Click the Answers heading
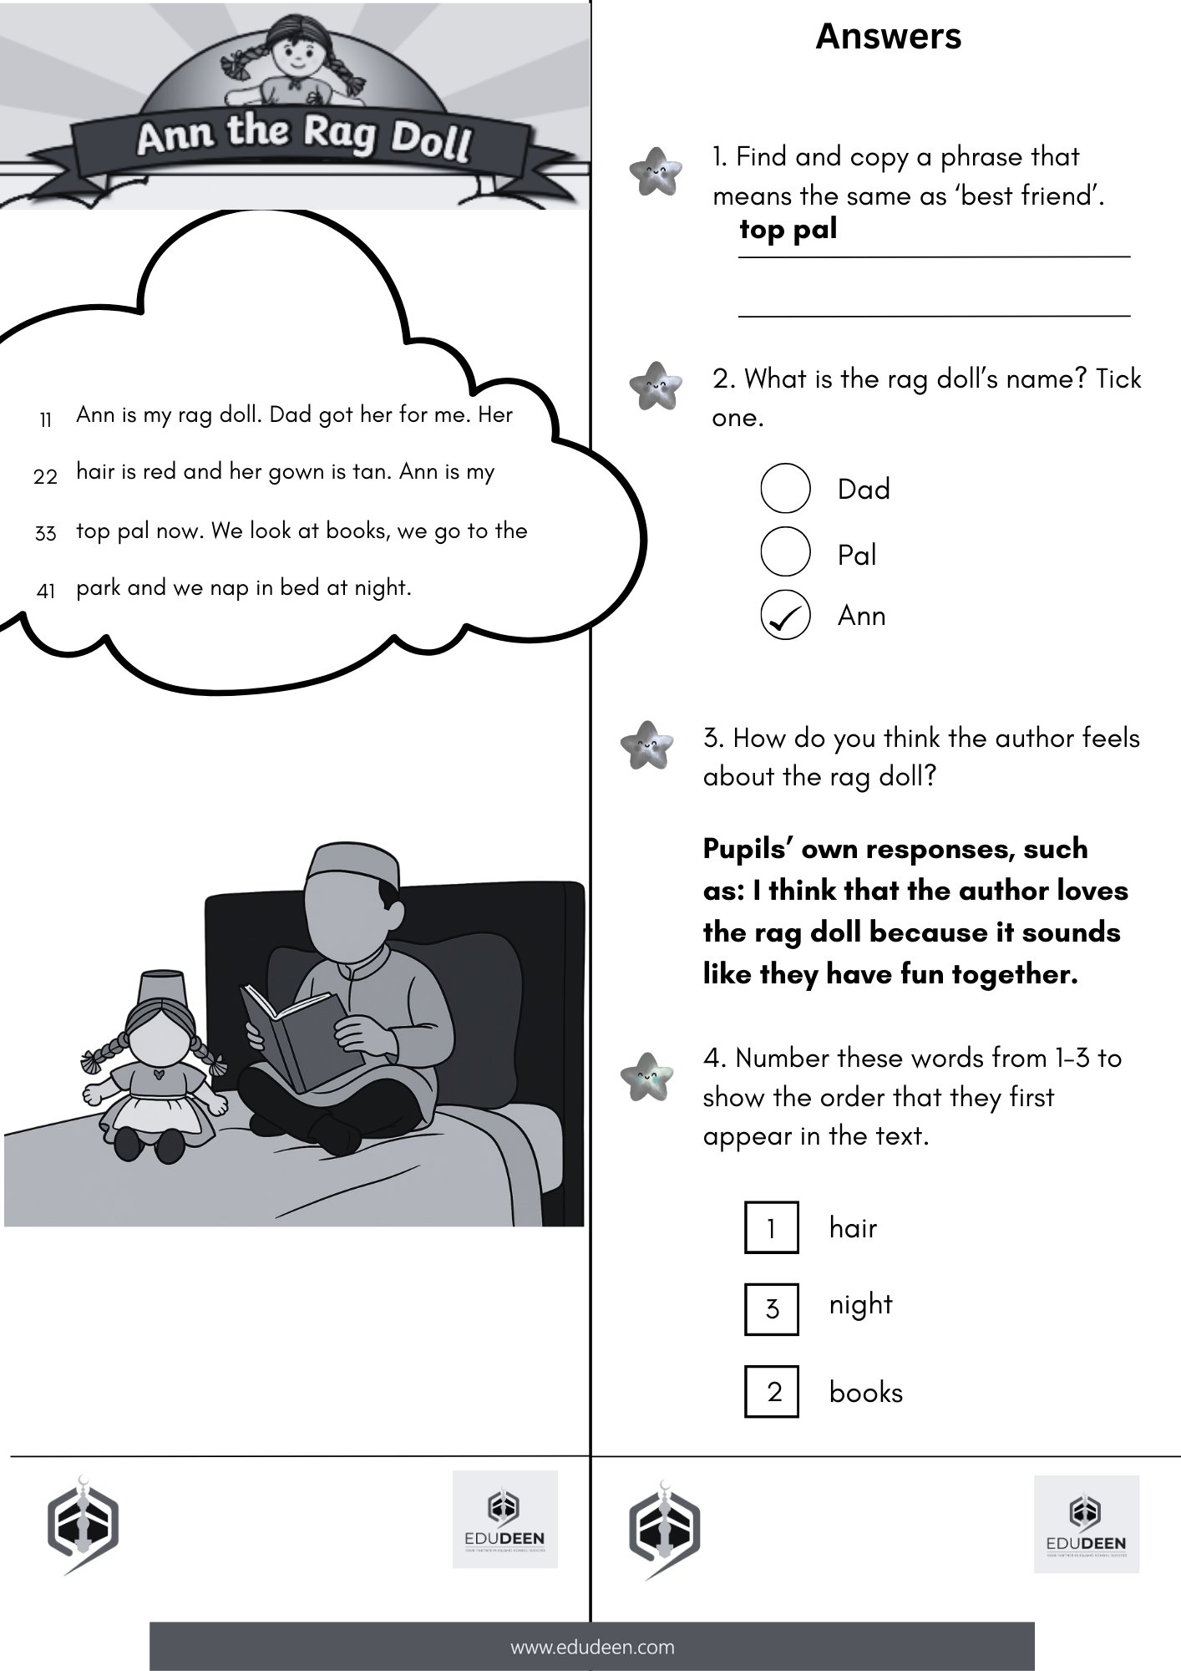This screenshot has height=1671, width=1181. click(x=888, y=37)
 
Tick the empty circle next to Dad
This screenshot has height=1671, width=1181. click(x=785, y=489)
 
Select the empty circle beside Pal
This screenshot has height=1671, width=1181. click(x=785, y=551)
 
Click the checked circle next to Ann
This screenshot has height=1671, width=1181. click(x=785, y=616)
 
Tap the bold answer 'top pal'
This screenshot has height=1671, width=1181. click(x=788, y=230)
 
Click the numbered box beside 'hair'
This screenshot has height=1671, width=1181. click(x=771, y=1227)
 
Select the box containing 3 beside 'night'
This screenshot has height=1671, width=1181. click(x=771, y=1308)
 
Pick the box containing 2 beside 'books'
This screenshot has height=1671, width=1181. click(x=771, y=1392)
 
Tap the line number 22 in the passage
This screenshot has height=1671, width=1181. click(x=46, y=476)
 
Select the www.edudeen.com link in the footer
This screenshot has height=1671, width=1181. click(x=591, y=1647)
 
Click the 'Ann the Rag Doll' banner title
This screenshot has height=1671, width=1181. click(x=304, y=138)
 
